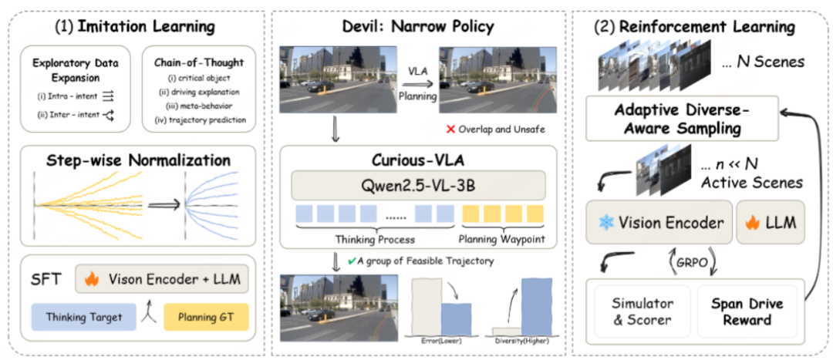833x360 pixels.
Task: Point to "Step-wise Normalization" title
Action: coord(137,161)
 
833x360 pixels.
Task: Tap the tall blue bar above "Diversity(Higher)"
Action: coord(538,306)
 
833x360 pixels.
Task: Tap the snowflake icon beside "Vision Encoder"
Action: coord(606,224)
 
